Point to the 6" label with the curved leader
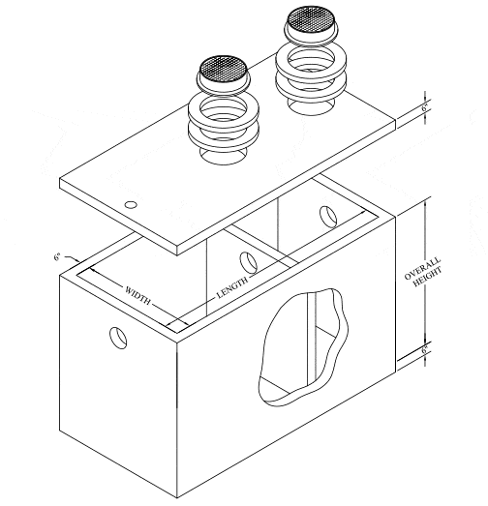[59, 258]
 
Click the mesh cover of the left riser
[226, 69]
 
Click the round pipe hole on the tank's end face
[117, 338]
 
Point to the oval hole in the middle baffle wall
[247, 261]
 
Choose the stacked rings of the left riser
[226, 122]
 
